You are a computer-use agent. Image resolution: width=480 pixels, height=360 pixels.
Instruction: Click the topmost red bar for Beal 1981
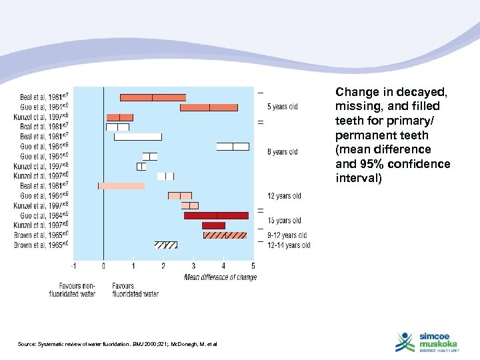pos(153,97)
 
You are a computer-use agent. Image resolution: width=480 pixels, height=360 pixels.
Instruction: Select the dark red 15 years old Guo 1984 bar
pos(216,215)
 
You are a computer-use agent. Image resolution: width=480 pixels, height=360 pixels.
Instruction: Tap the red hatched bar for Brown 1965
pos(225,235)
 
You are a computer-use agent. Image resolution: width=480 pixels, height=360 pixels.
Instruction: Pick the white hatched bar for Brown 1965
pos(166,245)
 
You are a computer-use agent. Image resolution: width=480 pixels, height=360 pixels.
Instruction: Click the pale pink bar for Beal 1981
pos(121,186)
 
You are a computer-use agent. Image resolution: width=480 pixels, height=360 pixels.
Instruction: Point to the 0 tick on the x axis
pos(103,266)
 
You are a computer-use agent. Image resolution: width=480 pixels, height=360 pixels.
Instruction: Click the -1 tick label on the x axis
pos(73,266)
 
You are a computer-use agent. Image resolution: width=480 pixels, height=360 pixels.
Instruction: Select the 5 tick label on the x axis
pos(253,266)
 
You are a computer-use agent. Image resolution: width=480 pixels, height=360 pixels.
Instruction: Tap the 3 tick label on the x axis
pos(193,266)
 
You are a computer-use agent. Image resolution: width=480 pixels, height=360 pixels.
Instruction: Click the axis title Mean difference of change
pos(220,277)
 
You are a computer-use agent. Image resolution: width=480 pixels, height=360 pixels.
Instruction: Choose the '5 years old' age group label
pos(282,107)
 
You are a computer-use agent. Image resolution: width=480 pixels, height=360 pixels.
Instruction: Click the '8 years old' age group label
pos(282,152)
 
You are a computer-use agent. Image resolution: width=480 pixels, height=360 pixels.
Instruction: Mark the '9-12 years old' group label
pos(287,235)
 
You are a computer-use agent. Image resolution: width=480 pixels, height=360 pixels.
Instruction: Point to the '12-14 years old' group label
pos(288,245)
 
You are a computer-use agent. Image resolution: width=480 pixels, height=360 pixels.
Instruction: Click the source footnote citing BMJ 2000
pos(117,343)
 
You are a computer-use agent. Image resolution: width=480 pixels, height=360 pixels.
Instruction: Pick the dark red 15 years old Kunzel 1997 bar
pos(213,225)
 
